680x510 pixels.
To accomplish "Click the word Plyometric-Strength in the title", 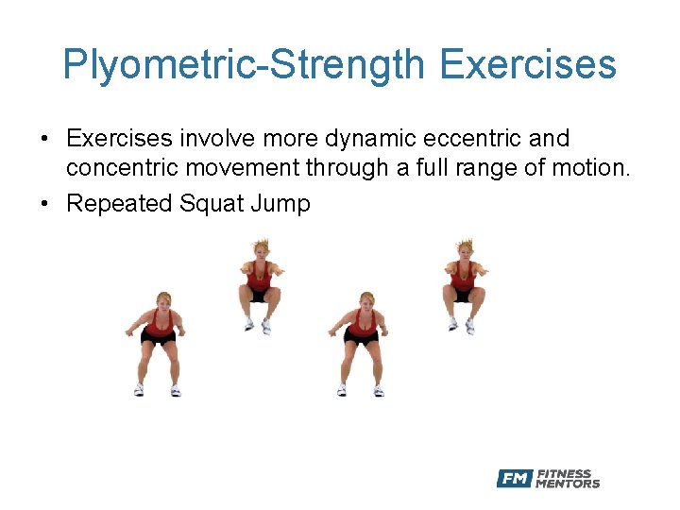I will pyautogui.click(x=244, y=65).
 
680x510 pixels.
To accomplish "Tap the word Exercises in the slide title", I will pyautogui.click(x=528, y=65).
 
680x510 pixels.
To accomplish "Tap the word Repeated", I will pyautogui.click(x=119, y=203).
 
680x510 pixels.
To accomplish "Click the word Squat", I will pyautogui.click(x=211, y=203).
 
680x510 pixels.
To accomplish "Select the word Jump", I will pyautogui.click(x=280, y=203).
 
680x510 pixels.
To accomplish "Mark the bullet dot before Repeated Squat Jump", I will pyautogui.click(x=44, y=204).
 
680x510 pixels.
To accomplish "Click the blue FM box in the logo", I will pyautogui.click(x=515, y=479).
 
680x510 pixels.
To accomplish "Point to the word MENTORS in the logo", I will pyautogui.click(x=568, y=484).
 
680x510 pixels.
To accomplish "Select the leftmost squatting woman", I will pyautogui.click(x=157, y=345).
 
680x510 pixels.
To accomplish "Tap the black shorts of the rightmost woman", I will pyautogui.click(x=463, y=294).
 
